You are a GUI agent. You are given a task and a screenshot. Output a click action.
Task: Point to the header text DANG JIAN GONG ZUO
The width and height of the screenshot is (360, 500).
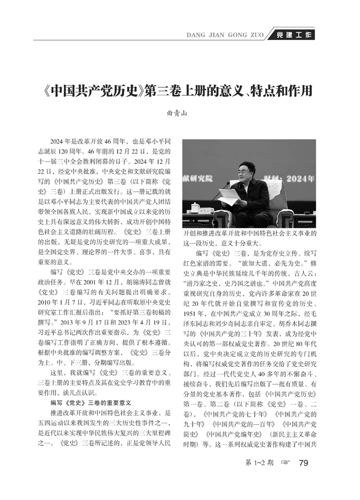tap(225, 34)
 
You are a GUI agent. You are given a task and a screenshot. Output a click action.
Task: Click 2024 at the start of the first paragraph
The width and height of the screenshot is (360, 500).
tap(56, 141)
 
